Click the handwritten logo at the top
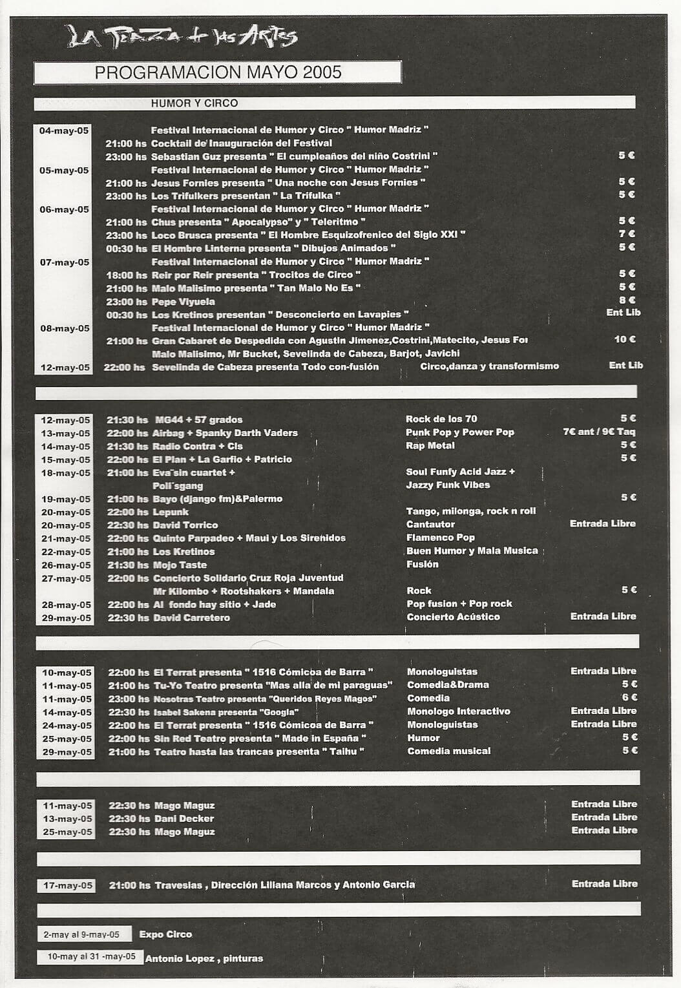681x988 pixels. point(182,36)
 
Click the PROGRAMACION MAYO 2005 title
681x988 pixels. point(218,72)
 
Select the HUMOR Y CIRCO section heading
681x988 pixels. point(194,103)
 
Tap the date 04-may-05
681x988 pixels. point(64,131)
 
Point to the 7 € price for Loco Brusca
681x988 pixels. point(627,234)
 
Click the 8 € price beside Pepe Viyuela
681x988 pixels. point(627,300)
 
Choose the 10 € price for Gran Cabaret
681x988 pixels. point(625,339)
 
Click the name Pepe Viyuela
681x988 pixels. point(183,302)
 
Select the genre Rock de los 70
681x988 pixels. point(441,419)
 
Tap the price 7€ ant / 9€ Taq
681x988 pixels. point(599,432)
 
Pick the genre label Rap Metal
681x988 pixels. point(430,445)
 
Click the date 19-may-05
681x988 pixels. point(66,499)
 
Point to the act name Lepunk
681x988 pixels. point(171,512)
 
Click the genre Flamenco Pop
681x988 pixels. point(441,538)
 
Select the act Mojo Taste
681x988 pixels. point(180,565)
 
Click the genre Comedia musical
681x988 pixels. point(449,751)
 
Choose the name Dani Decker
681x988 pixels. point(184,819)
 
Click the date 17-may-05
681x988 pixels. point(68,885)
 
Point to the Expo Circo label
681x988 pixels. point(165,934)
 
